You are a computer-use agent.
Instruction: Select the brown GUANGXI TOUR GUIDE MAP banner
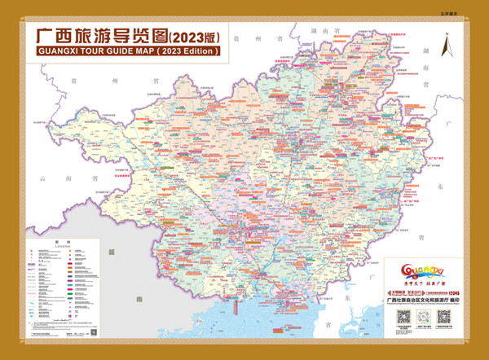tap(128, 51)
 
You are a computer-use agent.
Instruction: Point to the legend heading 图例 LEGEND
tap(58, 242)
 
